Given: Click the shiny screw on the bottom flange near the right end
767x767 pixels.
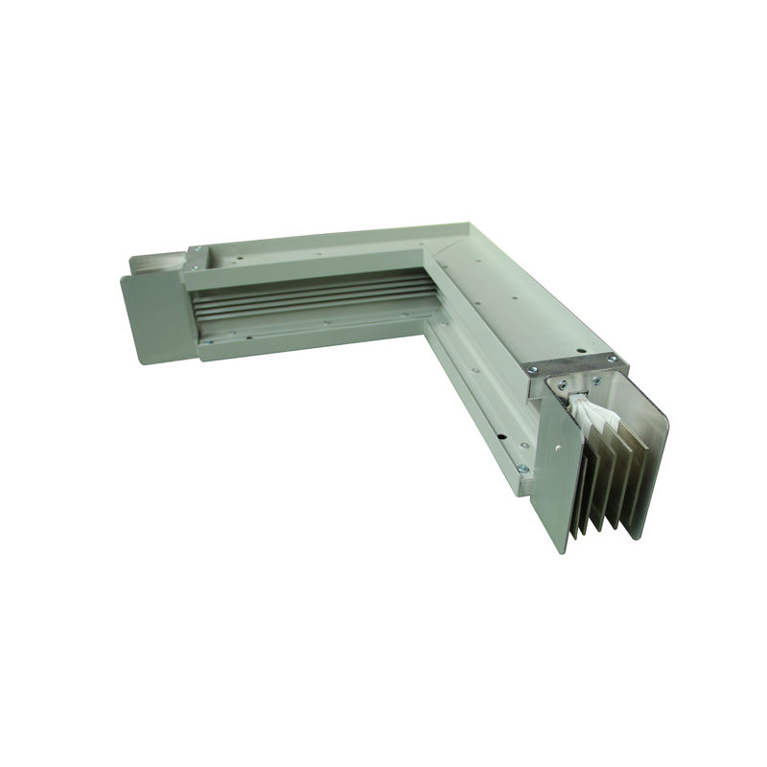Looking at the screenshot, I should (522, 468).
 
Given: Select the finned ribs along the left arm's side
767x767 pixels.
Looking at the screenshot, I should (307, 298).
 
